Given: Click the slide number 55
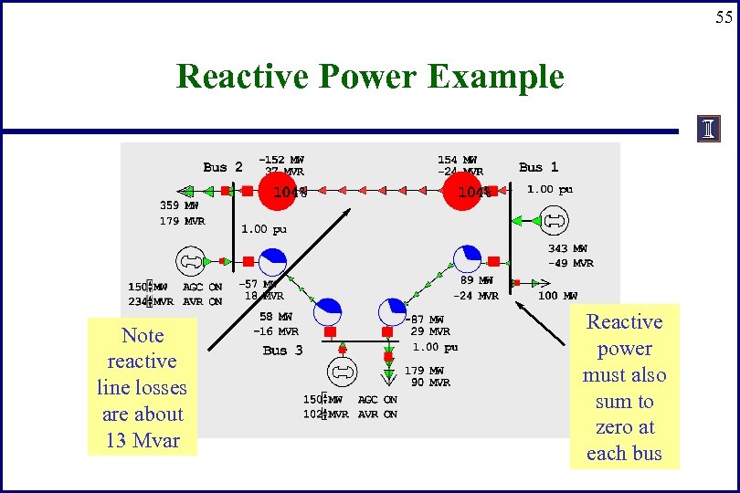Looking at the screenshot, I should click(x=724, y=17).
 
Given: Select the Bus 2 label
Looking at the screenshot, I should click(x=223, y=167).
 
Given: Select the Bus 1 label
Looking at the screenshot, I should click(x=538, y=167).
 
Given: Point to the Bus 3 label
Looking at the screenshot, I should click(x=282, y=350).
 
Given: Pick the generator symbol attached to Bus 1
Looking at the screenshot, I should click(x=555, y=220).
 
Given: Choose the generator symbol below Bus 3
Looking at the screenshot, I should click(x=342, y=372).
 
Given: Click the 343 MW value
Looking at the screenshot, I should click(x=567, y=248).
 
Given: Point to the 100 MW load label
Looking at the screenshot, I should click(x=557, y=296).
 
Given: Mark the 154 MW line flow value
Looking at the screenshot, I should click(x=457, y=159).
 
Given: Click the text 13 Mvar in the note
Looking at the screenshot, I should click(x=142, y=441).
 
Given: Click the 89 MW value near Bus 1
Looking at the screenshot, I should click(x=476, y=281).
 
